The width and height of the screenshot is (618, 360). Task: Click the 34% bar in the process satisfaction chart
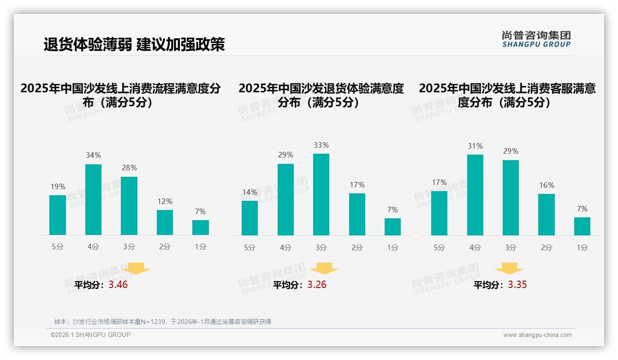pos(93,199)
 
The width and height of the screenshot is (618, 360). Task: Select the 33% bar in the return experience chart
pos(321,194)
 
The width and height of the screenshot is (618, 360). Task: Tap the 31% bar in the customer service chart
pos(475,195)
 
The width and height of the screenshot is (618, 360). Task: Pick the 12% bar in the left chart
pos(165,222)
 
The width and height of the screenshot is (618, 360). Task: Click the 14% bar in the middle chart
pos(250,218)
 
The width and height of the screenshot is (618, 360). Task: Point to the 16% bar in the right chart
pos(547,215)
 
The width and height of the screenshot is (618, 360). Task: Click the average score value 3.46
pos(118,285)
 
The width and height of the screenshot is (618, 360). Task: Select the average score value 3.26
pos(317,285)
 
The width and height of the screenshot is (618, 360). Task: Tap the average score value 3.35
pos(517,285)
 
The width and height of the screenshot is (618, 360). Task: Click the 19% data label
pos(58,187)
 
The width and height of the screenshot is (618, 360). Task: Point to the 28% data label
pos(129,168)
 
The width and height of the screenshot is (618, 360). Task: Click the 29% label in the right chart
pos(511,151)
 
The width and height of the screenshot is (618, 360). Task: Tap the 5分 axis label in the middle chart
pos(250,248)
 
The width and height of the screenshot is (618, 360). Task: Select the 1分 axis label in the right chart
pos(582,248)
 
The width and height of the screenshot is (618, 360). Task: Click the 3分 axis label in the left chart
pos(129,247)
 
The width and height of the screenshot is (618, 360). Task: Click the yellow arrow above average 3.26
pos(324,268)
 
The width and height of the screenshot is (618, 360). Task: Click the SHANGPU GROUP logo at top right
pos(536,39)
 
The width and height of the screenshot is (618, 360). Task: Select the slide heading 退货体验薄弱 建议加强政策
pos(134,44)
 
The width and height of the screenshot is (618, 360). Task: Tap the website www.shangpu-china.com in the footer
pos(537,335)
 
